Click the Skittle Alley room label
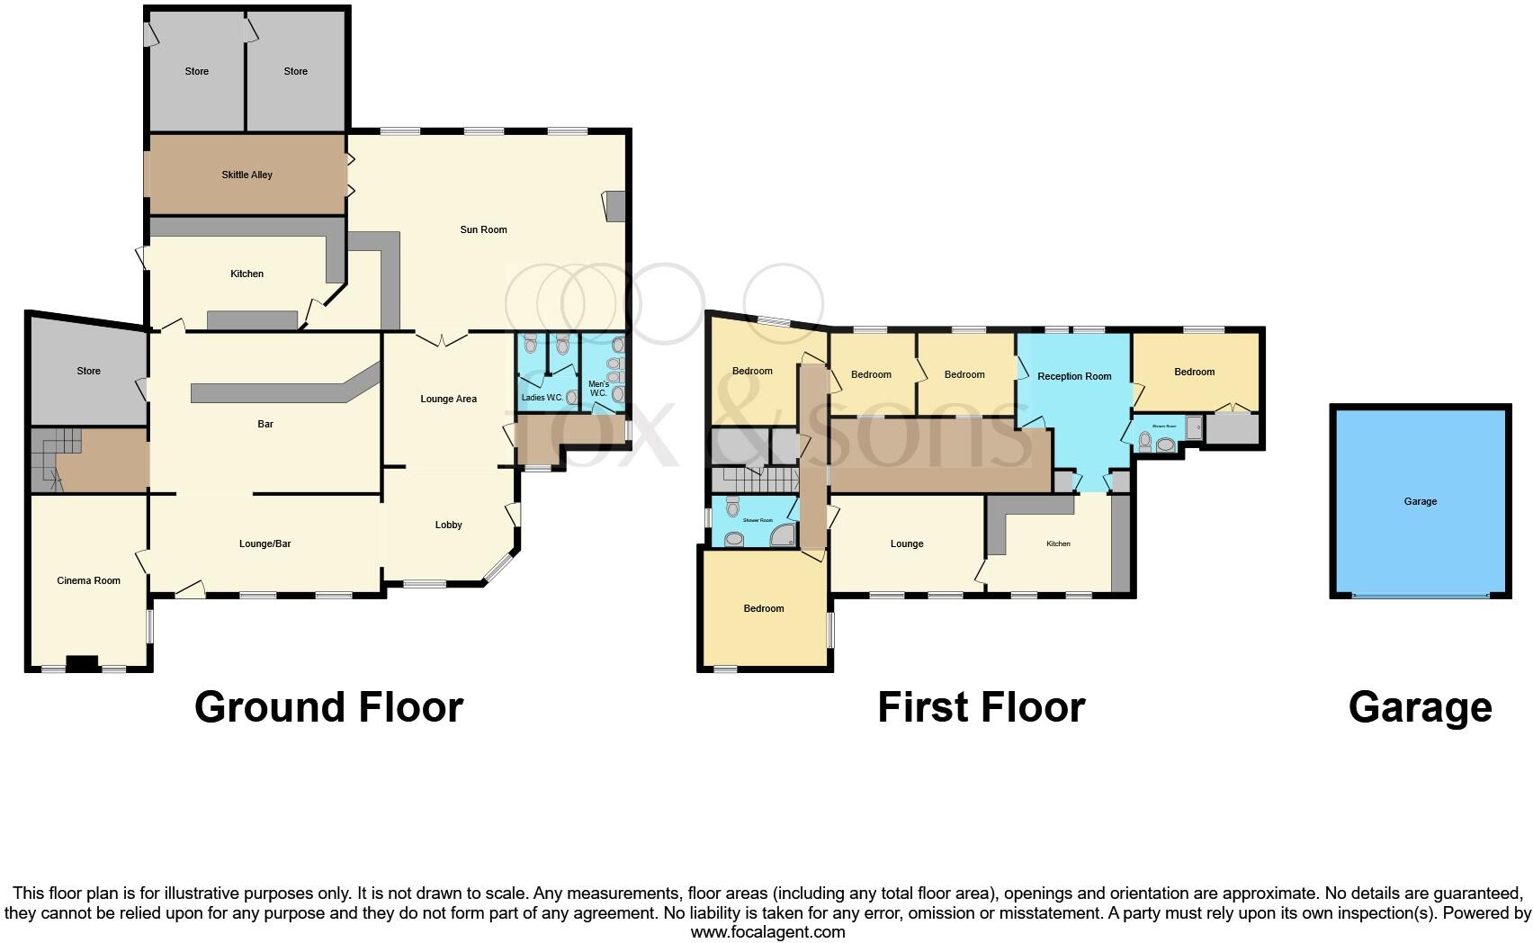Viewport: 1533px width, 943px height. coord(247,175)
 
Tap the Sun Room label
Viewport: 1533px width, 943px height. coord(483,229)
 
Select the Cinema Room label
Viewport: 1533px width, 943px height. coord(88,580)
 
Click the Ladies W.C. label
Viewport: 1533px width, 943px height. coord(542,397)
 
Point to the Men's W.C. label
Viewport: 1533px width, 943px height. coord(598,389)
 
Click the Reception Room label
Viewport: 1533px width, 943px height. coord(1073,376)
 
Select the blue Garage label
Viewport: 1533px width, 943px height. coord(1420,501)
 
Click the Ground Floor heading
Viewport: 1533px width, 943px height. coord(328,707)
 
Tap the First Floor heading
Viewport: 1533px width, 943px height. coord(981,707)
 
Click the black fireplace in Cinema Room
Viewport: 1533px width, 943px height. coord(83,664)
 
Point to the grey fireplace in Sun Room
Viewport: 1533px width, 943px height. coord(615,206)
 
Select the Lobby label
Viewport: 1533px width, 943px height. coord(448,525)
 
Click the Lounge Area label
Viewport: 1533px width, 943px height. coord(448,399)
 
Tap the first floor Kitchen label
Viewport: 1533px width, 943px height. coord(1058,543)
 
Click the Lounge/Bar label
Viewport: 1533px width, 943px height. coord(264,543)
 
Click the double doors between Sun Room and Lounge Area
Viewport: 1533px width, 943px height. coord(442,339)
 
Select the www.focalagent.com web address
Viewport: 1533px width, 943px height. coord(767,932)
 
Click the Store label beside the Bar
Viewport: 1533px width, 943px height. coord(88,371)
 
